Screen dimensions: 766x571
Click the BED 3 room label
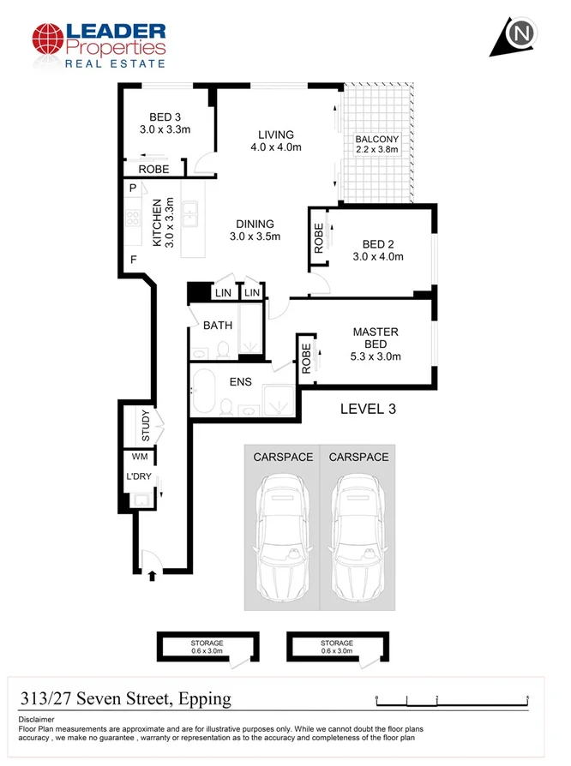164,123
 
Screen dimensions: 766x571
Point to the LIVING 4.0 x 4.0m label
276,141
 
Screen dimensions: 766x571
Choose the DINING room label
255,230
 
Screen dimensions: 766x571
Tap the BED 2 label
377,249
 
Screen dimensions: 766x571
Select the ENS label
240,381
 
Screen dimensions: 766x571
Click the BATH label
217,325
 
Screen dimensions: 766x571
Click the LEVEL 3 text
368,409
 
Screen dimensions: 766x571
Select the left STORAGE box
207,647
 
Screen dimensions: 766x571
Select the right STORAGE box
336,647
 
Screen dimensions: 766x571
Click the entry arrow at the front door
153,575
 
